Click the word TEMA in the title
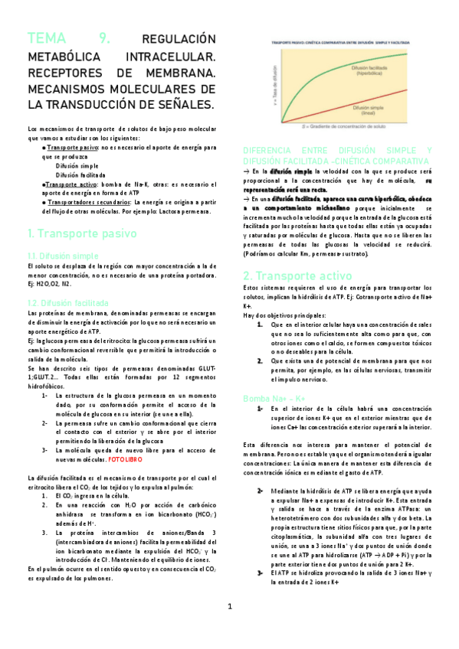[47, 39]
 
